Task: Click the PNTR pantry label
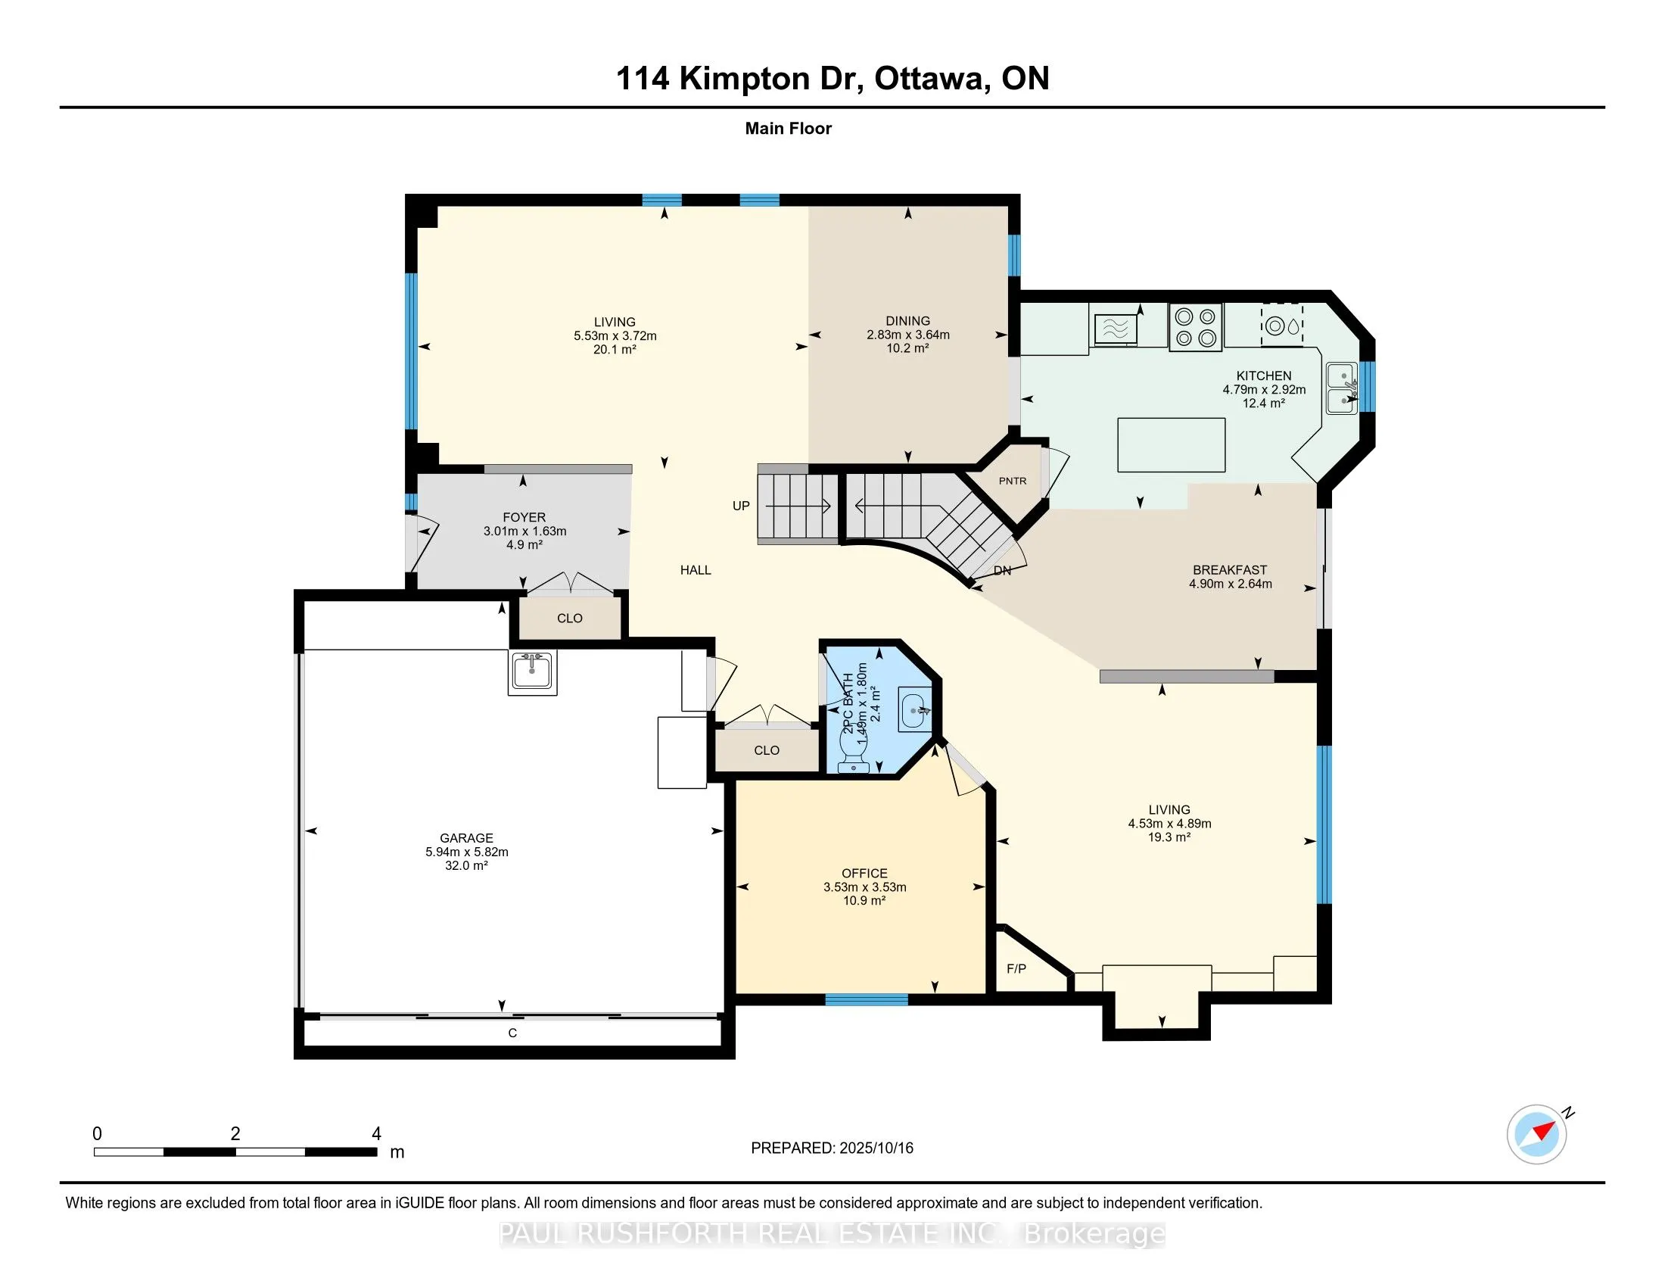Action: pyautogui.click(x=1013, y=481)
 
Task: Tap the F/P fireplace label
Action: pyautogui.click(x=1016, y=969)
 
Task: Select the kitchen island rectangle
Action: pyautogui.click(x=1171, y=444)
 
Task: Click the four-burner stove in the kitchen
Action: pyautogui.click(x=1195, y=327)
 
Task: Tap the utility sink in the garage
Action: pyautogui.click(x=533, y=672)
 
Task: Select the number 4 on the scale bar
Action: pyautogui.click(x=376, y=1134)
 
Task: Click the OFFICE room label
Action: pyautogui.click(x=864, y=873)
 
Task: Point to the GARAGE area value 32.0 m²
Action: pyautogui.click(x=466, y=866)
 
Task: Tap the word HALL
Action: pyautogui.click(x=696, y=569)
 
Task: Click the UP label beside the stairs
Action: pyautogui.click(x=741, y=506)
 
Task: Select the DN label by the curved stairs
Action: pyautogui.click(x=1003, y=570)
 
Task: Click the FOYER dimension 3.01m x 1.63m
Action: pyautogui.click(x=524, y=531)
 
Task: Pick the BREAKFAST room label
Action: pyautogui.click(x=1230, y=569)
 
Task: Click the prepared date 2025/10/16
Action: pyautogui.click(x=876, y=1148)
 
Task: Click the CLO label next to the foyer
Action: pyautogui.click(x=569, y=619)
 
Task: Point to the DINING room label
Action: pyautogui.click(x=908, y=321)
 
